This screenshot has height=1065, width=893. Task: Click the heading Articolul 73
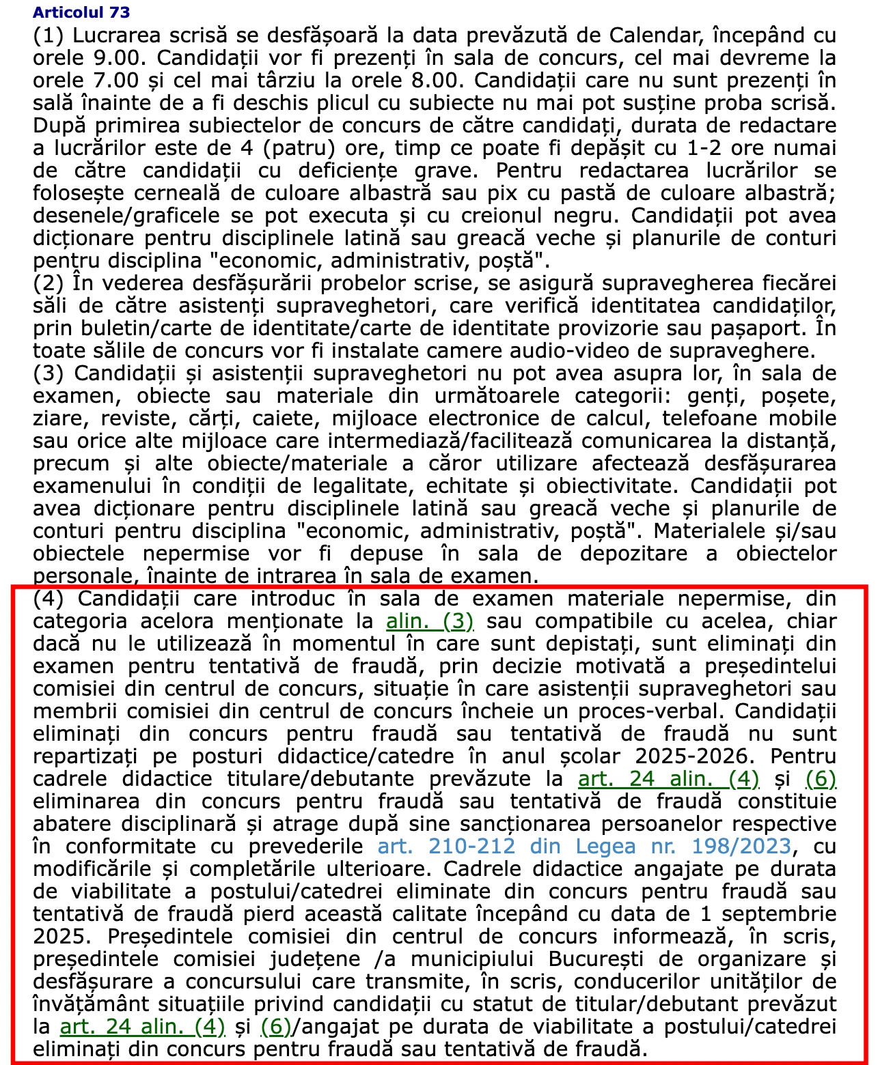tap(81, 12)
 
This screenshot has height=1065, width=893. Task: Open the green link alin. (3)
tap(430, 621)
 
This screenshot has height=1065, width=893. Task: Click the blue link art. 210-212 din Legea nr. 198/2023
tap(584, 847)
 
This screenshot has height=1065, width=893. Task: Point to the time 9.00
tap(119, 58)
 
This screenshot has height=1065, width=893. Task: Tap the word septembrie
tap(779, 914)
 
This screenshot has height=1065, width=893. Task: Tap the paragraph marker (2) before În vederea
tap(48, 283)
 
